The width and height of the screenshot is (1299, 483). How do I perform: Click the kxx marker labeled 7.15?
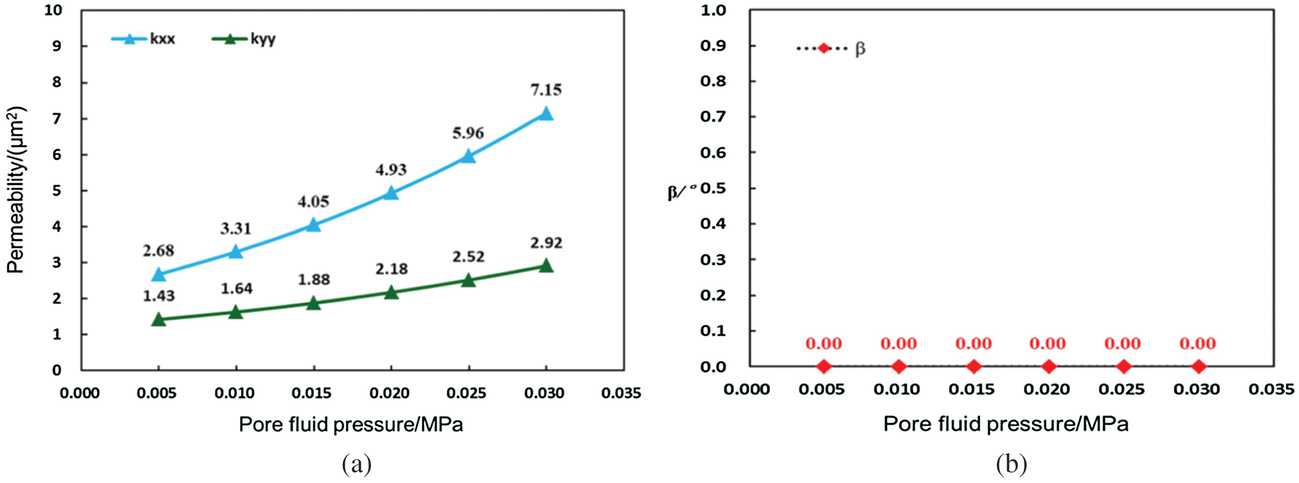[x=546, y=114]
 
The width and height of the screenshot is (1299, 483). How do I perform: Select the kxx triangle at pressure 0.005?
[x=159, y=275]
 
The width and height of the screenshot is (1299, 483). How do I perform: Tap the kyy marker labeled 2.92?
[x=546, y=266]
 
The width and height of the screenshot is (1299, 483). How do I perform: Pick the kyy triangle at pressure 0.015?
[x=313, y=303]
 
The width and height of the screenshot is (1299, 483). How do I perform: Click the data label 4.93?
[x=391, y=169]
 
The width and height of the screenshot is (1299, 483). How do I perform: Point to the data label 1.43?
[x=159, y=296]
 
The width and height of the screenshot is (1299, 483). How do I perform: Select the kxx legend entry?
[x=143, y=39]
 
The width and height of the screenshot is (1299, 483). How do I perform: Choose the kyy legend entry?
[x=244, y=39]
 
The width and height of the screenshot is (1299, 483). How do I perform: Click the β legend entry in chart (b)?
[x=830, y=48]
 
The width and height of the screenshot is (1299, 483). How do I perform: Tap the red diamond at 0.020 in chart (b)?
[x=1049, y=366]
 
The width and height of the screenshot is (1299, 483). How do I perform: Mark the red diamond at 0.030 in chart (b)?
[x=1199, y=366]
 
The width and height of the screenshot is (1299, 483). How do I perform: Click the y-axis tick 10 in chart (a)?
[x=53, y=11]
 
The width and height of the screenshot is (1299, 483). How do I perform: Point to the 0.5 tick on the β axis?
[x=713, y=188]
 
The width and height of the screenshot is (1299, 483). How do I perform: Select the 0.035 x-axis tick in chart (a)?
[x=621, y=393]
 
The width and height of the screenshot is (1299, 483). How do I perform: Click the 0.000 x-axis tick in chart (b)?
[x=746, y=389]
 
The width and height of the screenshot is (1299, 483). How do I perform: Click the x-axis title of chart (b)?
[x=1006, y=424]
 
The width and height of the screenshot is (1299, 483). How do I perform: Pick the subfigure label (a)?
[x=356, y=464]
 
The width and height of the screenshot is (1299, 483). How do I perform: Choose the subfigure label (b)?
[x=1011, y=464]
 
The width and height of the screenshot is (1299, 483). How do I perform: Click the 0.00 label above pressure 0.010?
[x=899, y=344]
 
